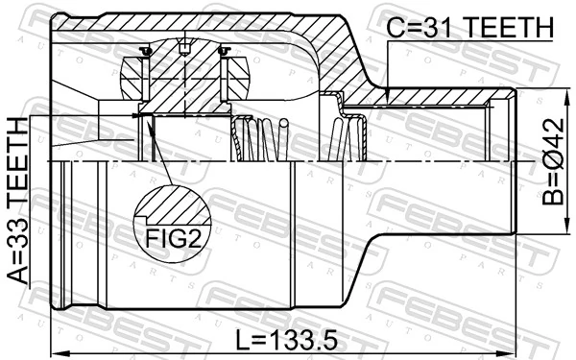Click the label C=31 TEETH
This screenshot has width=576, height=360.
pos(470,29)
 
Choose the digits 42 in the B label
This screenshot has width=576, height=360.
pos(554,138)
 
